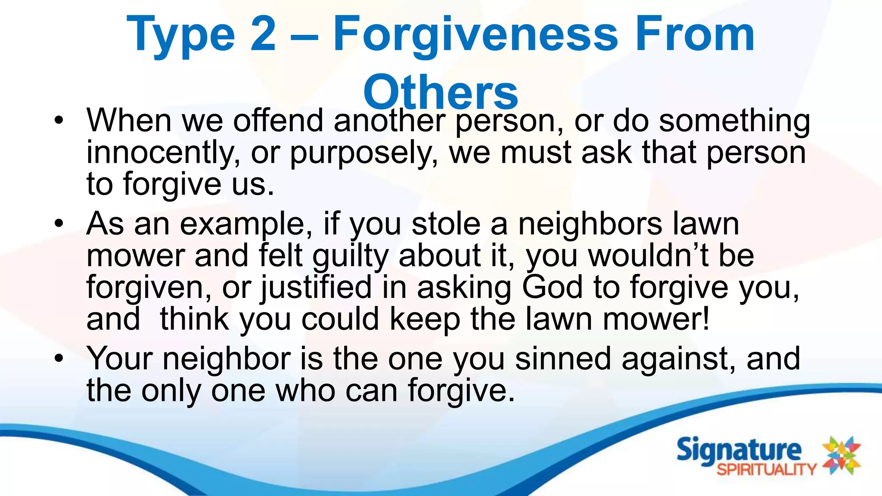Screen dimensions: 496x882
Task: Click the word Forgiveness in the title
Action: tap(475, 35)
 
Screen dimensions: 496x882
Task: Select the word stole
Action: tap(446, 224)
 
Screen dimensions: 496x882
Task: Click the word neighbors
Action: tap(590, 224)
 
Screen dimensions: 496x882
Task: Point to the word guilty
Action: tap(351, 257)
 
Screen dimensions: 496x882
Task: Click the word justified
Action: tap(317, 288)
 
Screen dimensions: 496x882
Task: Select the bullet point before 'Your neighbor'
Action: tap(59, 358)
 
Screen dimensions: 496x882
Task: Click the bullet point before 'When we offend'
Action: tap(59, 120)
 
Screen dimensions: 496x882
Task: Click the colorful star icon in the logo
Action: tap(842, 456)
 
